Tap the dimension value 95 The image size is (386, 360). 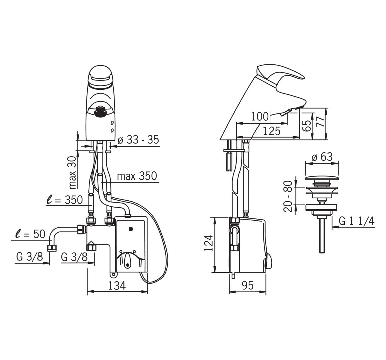(x=248, y=285)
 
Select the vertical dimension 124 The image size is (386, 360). (x=209, y=243)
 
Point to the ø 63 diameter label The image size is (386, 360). (x=322, y=157)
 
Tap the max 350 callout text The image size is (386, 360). (x=137, y=176)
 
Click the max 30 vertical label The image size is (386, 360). (x=73, y=172)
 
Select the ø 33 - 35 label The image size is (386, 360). (x=139, y=140)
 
